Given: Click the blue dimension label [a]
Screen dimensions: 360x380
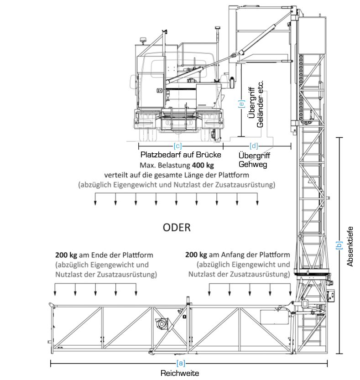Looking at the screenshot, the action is pos(181,363).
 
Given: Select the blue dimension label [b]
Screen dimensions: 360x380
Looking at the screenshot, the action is pos(339,245).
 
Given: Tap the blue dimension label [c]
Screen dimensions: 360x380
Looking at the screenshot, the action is pos(177,146).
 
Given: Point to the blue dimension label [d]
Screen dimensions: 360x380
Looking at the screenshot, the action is pos(254,146).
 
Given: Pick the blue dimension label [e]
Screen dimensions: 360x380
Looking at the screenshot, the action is pos(241,104).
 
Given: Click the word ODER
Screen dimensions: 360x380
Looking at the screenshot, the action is pos(177,228).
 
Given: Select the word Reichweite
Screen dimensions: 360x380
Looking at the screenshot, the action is pos(180,373).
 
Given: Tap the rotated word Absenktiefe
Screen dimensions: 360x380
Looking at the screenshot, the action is pos(350,246).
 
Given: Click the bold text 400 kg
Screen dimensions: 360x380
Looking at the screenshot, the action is pos(203,166).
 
